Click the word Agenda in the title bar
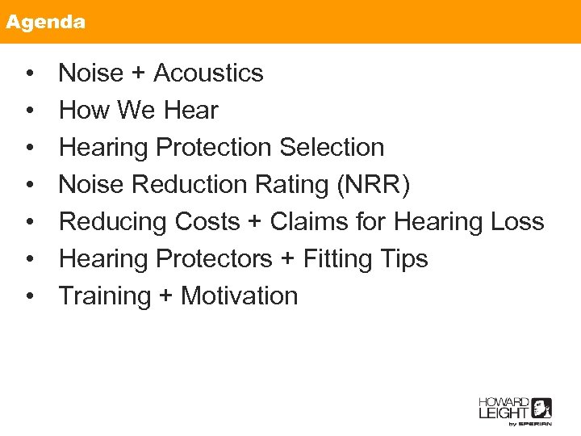[x=45, y=22]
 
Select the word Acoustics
[x=208, y=73]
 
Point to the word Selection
[x=332, y=148]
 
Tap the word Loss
[x=517, y=222]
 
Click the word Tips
[x=403, y=259]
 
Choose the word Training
[x=105, y=296]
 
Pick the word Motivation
[x=239, y=296]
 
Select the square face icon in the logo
[x=541, y=408]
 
